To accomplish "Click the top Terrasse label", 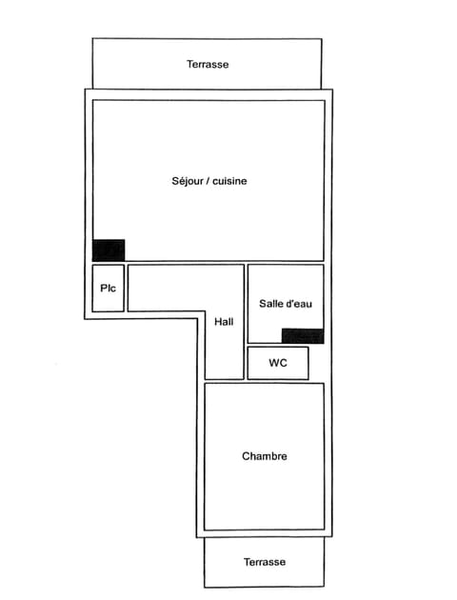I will click(208, 65).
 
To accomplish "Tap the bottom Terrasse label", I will click(264, 562).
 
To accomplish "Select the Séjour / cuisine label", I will click(209, 180).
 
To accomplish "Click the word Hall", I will click(224, 322).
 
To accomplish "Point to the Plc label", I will click(108, 288).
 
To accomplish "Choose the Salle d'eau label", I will click(286, 303).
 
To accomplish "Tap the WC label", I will click(278, 363).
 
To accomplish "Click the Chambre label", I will click(265, 456).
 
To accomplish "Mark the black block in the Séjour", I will click(109, 250).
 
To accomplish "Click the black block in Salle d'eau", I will click(303, 335).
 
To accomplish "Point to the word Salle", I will click(271, 303).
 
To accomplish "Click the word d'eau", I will click(299, 303).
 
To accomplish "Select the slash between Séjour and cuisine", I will click(207, 180).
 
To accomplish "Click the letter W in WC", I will click(274, 363).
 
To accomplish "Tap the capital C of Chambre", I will click(247, 456).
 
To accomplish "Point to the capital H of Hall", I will click(218, 322).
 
